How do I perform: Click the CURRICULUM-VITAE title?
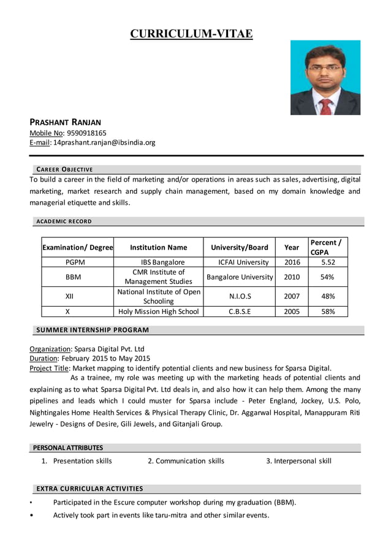pyautogui.click(x=191, y=34)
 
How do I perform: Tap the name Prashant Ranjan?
pyautogui.click(x=66, y=122)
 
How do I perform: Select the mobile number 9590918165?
pyautogui.click(x=86, y=132)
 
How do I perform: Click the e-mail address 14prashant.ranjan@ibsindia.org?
pyautogui.click(x=104, y=142)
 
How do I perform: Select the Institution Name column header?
pyautogui.click(x=158, y=247)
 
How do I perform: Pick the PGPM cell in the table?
pyautogui.click(x=77, y=262)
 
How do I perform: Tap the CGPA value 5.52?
pyautogui.click(x=328, y=262)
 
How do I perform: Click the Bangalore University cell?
pyautogui.click(x=240, y=277)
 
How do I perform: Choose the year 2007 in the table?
pyautogui.click(x=292, y=296)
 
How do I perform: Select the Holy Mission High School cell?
pyautogui.click(x=158, y=311)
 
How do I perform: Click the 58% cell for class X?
pyautogui.click(x=328, y=311)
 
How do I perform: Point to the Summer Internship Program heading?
pyautogui.click(x=92, y=330)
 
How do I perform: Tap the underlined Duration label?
pyautogui.click(x=45, y=358)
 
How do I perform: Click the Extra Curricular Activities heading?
pyautogui.click(x=89, y=489)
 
